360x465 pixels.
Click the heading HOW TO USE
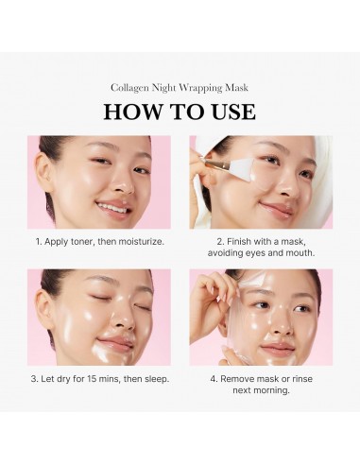point(180,111)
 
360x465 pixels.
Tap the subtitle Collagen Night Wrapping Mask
point(180,88)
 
